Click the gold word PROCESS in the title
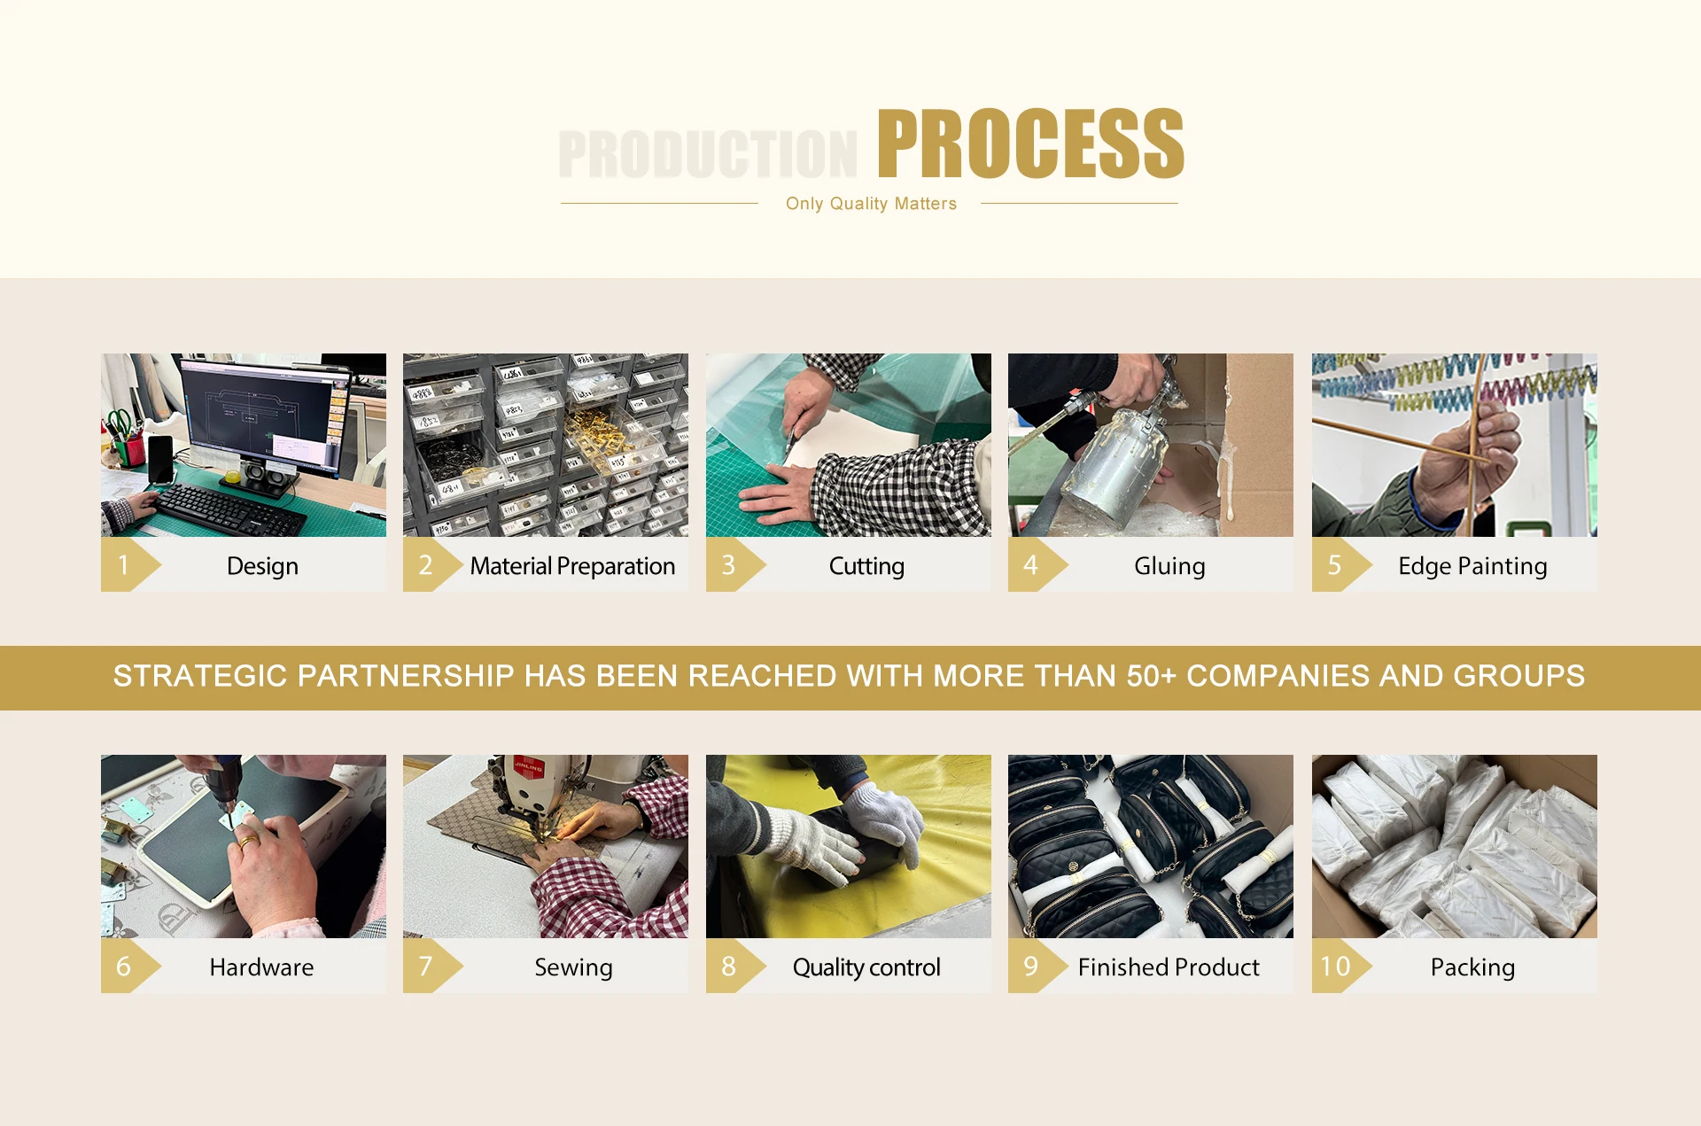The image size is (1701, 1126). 1030,144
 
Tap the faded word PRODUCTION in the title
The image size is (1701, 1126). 708,154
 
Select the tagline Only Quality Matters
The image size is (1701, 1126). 871,204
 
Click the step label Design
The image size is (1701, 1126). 262,566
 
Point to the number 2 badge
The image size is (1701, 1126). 425,565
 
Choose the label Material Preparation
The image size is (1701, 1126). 572,566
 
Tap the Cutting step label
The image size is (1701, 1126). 866,566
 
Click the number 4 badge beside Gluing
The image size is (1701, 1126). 1030,565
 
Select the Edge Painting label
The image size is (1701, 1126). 1472,566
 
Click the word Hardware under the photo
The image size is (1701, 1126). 261,967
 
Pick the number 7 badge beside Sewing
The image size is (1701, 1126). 425,967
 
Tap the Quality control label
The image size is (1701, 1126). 866,967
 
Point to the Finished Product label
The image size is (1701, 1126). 1169,967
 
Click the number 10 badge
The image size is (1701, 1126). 1335,967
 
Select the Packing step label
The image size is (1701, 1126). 1472,967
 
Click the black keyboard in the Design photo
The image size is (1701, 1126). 229,509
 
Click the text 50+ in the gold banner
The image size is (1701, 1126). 1152,676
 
